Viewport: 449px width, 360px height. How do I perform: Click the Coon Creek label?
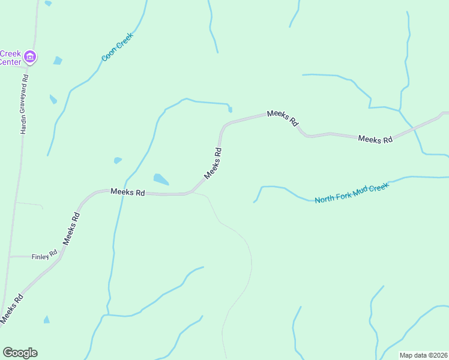(x=117, y=47)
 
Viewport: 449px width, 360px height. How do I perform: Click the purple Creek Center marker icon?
(x=30, y=58)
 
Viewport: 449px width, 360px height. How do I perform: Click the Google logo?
(x=20, y=352)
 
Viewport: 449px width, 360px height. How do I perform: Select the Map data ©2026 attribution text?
(x=423, y=355)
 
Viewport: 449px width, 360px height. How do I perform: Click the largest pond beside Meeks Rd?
(x=160, y=179)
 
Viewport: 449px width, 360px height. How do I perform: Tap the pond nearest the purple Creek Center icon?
(x=57, y=60)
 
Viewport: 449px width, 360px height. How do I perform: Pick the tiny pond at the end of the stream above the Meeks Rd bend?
(x=230, y=109)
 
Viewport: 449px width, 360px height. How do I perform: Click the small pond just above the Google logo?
(x=46, y=320)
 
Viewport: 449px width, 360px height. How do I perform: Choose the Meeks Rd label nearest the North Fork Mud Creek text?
(x=375, y=139)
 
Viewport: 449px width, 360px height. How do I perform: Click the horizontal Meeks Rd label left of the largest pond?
(x=127, y=192)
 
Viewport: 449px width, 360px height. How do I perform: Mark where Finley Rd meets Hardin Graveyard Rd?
(x=10, y=256)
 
